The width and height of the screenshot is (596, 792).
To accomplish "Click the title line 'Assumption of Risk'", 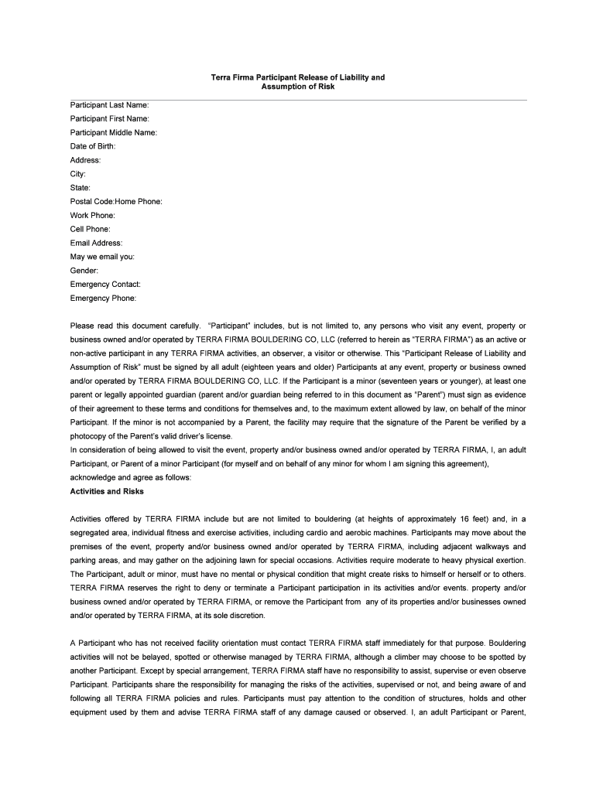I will (298, 87).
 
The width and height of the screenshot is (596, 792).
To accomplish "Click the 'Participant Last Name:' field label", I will (109, 104).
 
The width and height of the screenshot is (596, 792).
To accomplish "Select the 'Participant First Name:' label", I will (109, 118).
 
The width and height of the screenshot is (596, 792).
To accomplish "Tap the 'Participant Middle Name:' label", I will (113, 132).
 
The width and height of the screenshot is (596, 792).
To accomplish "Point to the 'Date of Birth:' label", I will (93, 146).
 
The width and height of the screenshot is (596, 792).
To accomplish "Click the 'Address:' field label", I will (85, 160).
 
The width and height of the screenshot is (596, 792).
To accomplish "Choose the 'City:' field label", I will (78, 174).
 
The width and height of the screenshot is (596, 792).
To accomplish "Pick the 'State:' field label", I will (80, 187).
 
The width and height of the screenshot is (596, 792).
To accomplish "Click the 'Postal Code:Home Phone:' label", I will (116, 201).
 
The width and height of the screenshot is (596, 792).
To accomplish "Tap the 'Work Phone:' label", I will (92, 215).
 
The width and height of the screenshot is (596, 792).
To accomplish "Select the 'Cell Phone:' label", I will (91, 229).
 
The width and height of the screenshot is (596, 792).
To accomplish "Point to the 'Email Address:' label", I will (96, 243).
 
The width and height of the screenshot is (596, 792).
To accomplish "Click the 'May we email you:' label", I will (102, 257).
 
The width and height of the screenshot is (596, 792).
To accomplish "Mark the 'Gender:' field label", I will (84, 271).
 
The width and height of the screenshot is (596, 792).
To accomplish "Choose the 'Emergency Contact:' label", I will (105, 285).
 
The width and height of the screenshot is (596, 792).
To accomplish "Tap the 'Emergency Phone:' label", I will (103, 299).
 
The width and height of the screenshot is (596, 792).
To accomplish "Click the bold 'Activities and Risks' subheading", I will (107, 491).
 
